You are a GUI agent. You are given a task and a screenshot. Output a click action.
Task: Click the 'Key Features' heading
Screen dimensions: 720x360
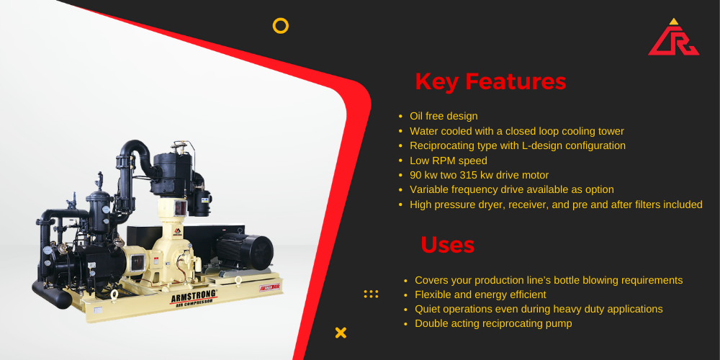coord(490,82)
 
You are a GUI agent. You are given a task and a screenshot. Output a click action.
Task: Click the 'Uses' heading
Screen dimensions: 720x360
coord(447,245)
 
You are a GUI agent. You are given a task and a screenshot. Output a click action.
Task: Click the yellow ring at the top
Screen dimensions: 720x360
coord(281,26)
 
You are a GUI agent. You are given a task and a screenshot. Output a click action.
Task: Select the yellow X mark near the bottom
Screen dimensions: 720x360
coord(341,333)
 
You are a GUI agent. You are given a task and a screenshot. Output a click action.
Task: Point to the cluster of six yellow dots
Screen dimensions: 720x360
coord(371,294)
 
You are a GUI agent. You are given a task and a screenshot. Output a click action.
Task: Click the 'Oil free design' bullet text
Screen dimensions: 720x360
coord(444,116)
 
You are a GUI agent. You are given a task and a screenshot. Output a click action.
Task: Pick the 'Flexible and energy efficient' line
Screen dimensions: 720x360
coord(480,294)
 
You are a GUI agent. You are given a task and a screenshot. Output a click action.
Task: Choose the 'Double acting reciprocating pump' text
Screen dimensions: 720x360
coord(493,324)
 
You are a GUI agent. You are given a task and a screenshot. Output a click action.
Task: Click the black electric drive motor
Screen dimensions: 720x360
coord(244,251)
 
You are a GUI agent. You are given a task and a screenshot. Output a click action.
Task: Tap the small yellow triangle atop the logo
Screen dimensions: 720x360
coord(674,21)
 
